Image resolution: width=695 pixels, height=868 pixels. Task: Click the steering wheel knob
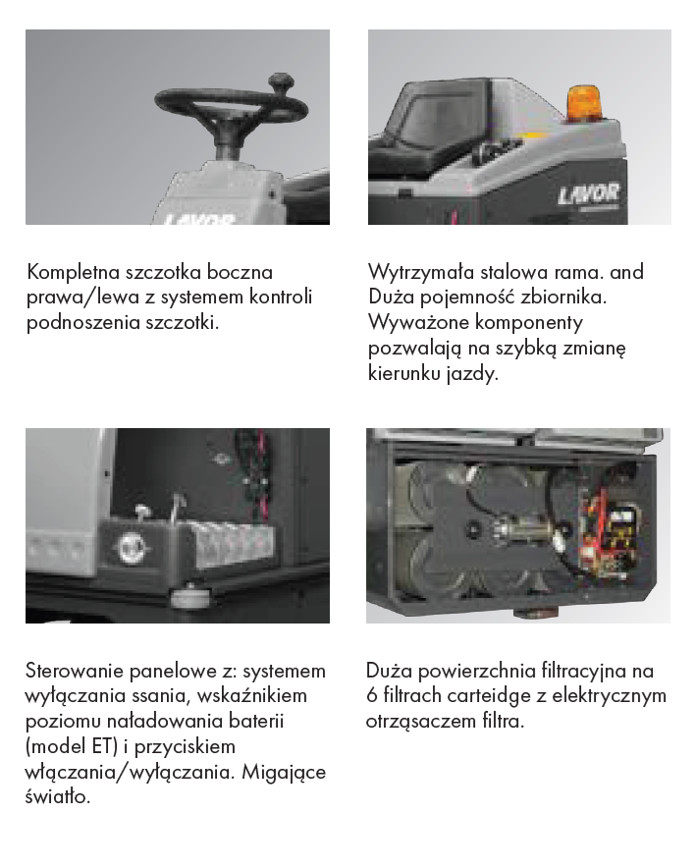click(282, 84)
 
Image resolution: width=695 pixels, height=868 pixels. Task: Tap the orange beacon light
click(586, 103)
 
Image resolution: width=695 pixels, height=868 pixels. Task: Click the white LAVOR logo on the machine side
click(588, 193)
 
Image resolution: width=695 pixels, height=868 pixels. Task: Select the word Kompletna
click(73, 272)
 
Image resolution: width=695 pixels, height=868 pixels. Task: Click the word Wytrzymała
click(421, 272)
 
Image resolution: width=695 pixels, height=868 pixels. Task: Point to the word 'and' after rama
click(626, 272)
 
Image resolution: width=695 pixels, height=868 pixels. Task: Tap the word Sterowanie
click(75, 671)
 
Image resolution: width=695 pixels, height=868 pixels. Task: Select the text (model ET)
click(72, 747)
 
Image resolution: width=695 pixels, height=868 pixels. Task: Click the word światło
click(58, 796)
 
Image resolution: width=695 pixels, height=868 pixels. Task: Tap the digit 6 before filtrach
click(371, 696)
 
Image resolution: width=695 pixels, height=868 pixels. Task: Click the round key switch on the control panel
click(132, 548)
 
